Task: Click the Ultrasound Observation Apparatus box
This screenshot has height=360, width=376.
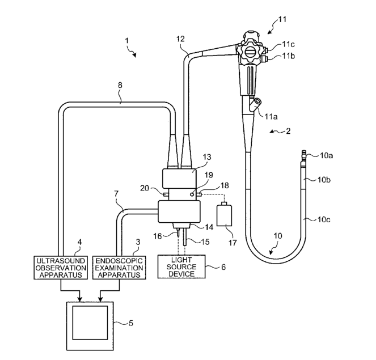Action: click(x=61, y=268)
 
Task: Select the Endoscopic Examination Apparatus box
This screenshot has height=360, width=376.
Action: click(x=119, y=268)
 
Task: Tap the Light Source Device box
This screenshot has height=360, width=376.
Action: click(x=181, y=266)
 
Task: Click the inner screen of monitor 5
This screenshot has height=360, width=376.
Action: click(x=90, y=323)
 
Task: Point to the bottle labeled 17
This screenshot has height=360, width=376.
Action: click(x=224, y=214)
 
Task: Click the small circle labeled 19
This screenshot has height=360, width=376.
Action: click(x=192, y=194)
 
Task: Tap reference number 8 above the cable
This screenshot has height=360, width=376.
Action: click(x=120, y=85)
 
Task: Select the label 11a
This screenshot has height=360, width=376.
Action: click(x=271, y=116)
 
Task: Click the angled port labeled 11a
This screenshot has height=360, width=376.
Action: click(x=255, y=104)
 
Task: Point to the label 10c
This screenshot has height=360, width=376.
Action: click(x=324, y=219)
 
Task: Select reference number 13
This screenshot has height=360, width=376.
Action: click(x=206, y=157)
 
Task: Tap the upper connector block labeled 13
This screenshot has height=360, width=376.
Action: click(x=179, y=179)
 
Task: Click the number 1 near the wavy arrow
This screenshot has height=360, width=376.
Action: click(x=127, y=41)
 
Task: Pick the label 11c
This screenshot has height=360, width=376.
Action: click(x=288, y=44)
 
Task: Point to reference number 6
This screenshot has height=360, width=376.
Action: click(x=223, y=267)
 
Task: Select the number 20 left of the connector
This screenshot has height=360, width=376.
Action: click(x=145, y=188)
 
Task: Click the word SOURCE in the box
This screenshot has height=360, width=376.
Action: click(x=181, y=267)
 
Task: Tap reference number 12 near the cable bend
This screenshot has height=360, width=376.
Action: click(x=180, y=39)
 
